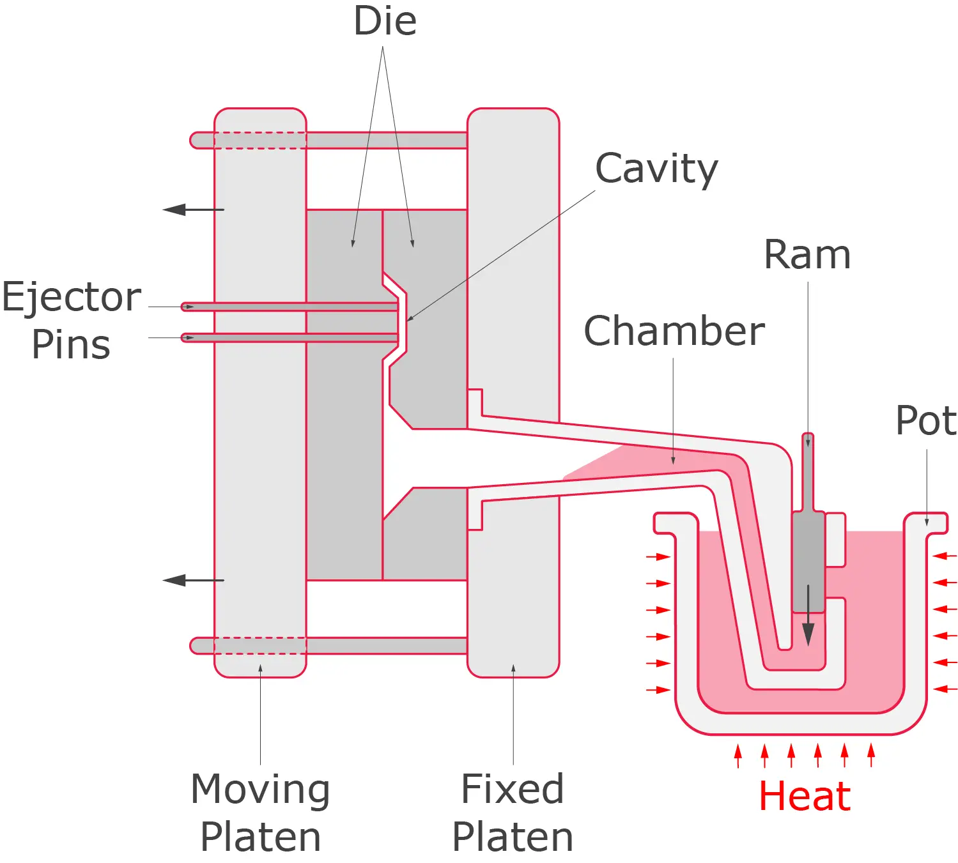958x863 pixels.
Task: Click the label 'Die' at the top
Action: [x=385, y=22]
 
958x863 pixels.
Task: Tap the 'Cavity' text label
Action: [x=656, y=169]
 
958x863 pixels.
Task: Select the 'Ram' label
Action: [x=807, y=255]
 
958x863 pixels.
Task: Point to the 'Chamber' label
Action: [x=674, y=331]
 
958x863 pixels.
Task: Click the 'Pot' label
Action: [x=925, y=420]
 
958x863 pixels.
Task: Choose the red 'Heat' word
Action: [x=805, y=797]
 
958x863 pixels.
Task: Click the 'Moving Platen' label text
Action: [x=260, y=812]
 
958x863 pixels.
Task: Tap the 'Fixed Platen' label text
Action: [x=513, y=812]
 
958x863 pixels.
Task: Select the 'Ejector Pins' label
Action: [x=71, y=321]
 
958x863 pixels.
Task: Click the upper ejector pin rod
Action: [x=288, y=307]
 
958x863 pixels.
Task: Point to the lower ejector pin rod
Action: [x=288, y=337]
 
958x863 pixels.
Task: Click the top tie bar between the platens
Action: [x=387, y=141]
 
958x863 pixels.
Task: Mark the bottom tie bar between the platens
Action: [x=387, y=646]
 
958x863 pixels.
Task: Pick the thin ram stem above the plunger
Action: [x=808, y=473]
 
